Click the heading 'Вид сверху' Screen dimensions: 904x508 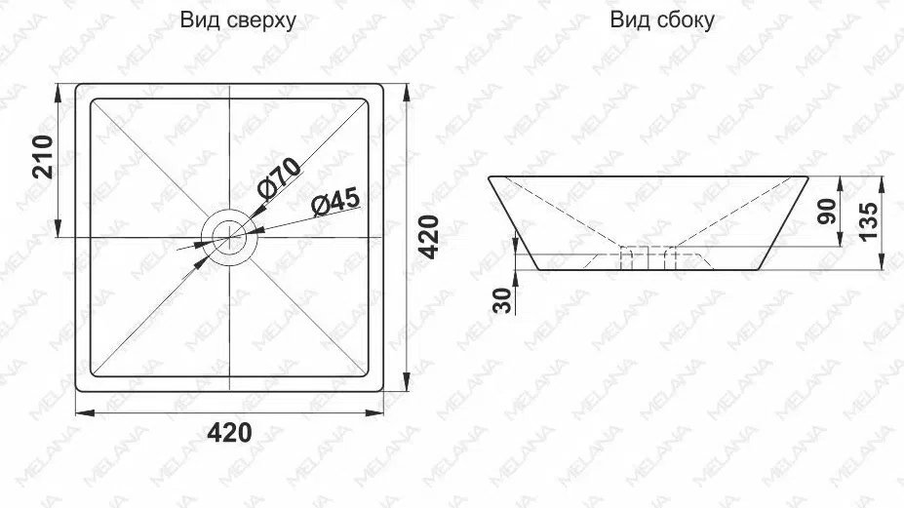point(238,20)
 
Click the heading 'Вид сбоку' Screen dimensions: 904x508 point(662,20)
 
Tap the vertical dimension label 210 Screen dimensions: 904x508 point(43,157)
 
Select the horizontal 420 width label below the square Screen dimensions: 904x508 point(229,433)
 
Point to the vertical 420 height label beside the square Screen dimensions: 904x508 point(428,236)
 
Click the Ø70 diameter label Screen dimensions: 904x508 point(280,177)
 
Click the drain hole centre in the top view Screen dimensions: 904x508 point(230,237)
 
